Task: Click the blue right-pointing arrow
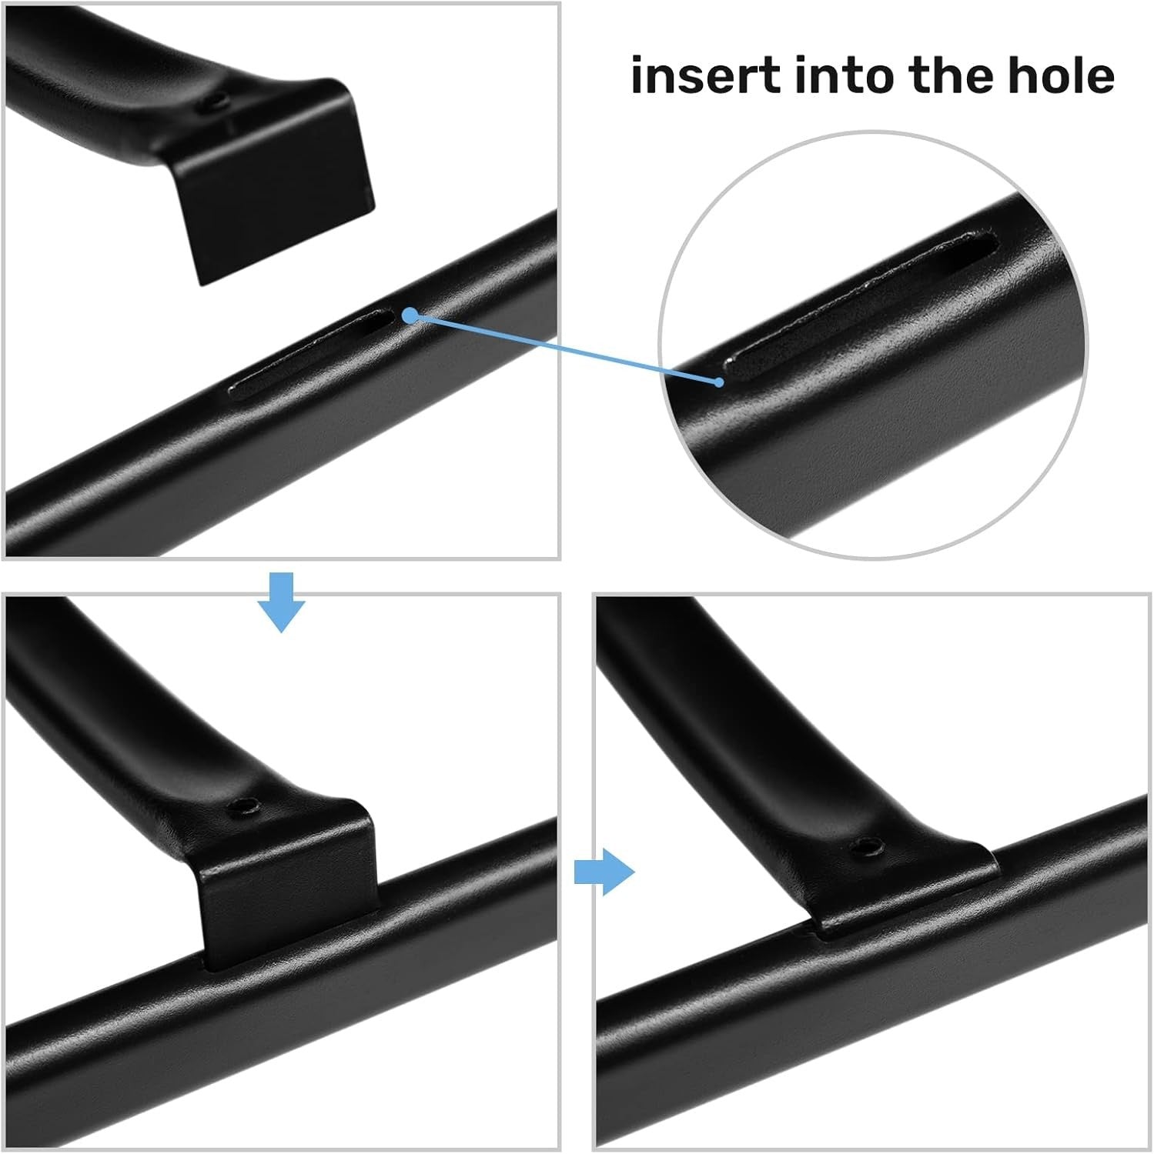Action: click(x=605, y=872)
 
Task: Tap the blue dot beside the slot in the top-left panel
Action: click(x=410, y=315)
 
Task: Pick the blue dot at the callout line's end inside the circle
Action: click(x=719, y=382)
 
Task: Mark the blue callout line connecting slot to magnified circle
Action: click(x=564, y=349)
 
